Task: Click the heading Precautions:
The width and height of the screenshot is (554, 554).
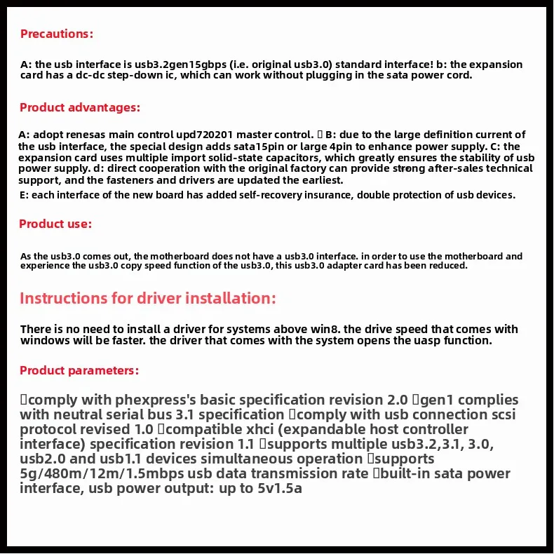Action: coord(56,34)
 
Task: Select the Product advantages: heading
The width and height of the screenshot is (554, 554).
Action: coord(80,107)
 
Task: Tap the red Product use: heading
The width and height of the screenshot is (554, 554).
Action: coord(55,224)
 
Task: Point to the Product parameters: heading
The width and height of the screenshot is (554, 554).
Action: coord(79,370)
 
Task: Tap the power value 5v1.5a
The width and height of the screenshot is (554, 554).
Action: coord(279,488)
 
